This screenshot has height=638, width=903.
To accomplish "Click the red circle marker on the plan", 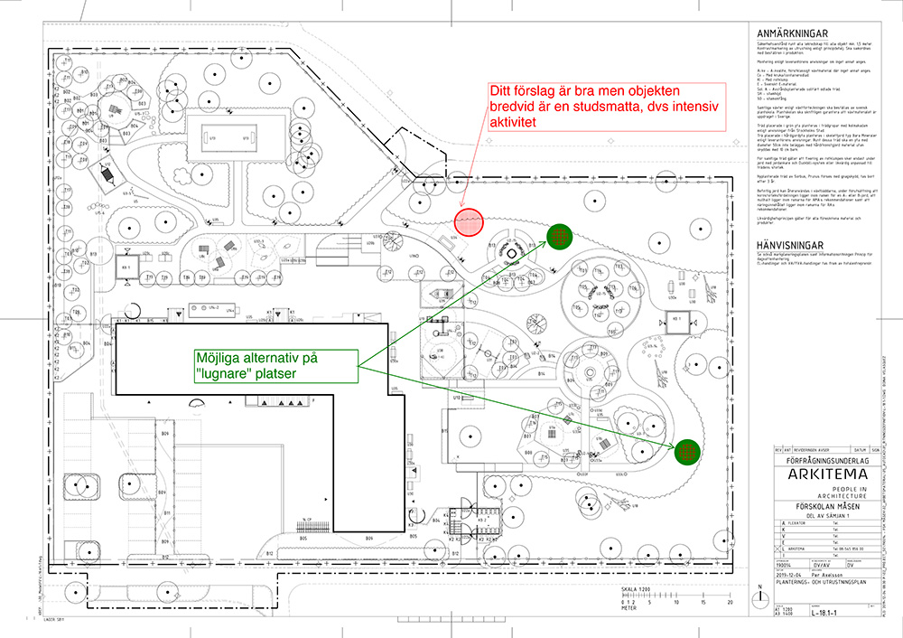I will click(x=470, y=221).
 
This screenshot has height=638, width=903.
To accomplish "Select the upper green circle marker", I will click(x=560, y=237).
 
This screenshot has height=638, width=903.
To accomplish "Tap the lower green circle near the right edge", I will click(x=688, y=450).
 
